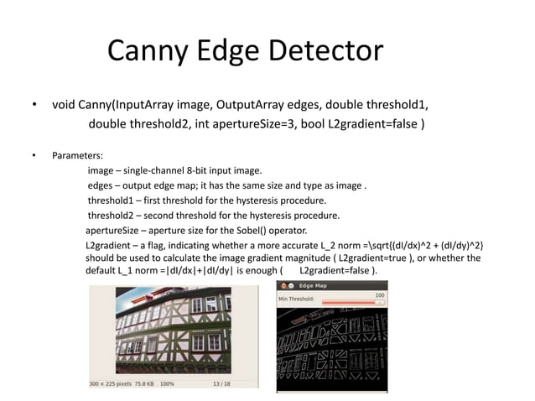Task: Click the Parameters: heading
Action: click(78, 156)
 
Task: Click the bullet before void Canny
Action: click(34, 106)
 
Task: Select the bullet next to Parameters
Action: click(34, 156)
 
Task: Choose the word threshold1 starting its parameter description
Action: click(112, 200)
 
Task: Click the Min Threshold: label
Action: click(297, 299)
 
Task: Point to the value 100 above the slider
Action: click(380, 295)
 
